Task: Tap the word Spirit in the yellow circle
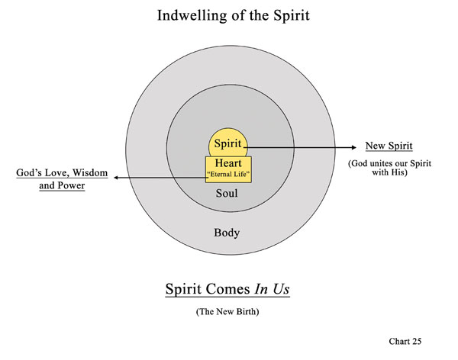228,143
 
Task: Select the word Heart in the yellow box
228,163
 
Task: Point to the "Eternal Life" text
228,175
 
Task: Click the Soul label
228,194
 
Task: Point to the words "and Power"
61,185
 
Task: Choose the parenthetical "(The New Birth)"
228,311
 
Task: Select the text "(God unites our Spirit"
389,163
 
